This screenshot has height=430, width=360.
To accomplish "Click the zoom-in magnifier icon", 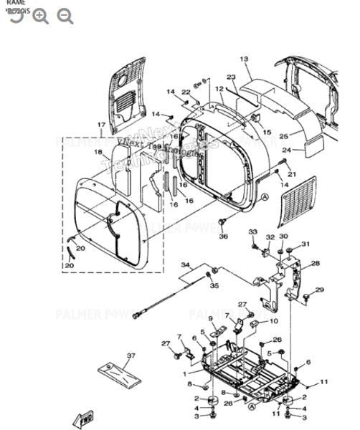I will (x=41, y=16).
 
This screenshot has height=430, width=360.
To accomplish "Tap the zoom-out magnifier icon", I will (x=65, y=16).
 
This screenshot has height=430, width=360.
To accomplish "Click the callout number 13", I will (x=243, y=59).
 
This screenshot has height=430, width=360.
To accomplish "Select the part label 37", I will (x=131, y=356).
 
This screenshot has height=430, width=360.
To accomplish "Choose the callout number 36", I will (x=223, y=236).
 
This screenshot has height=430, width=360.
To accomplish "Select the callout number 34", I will (x=186, y=266).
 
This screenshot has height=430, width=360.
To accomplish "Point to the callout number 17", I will (x=101, y=126).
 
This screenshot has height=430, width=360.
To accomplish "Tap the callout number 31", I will (x=305, y=244).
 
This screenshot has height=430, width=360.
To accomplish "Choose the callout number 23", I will (x=231, y=77).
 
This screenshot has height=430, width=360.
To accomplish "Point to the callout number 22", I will (x=185, y=92).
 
